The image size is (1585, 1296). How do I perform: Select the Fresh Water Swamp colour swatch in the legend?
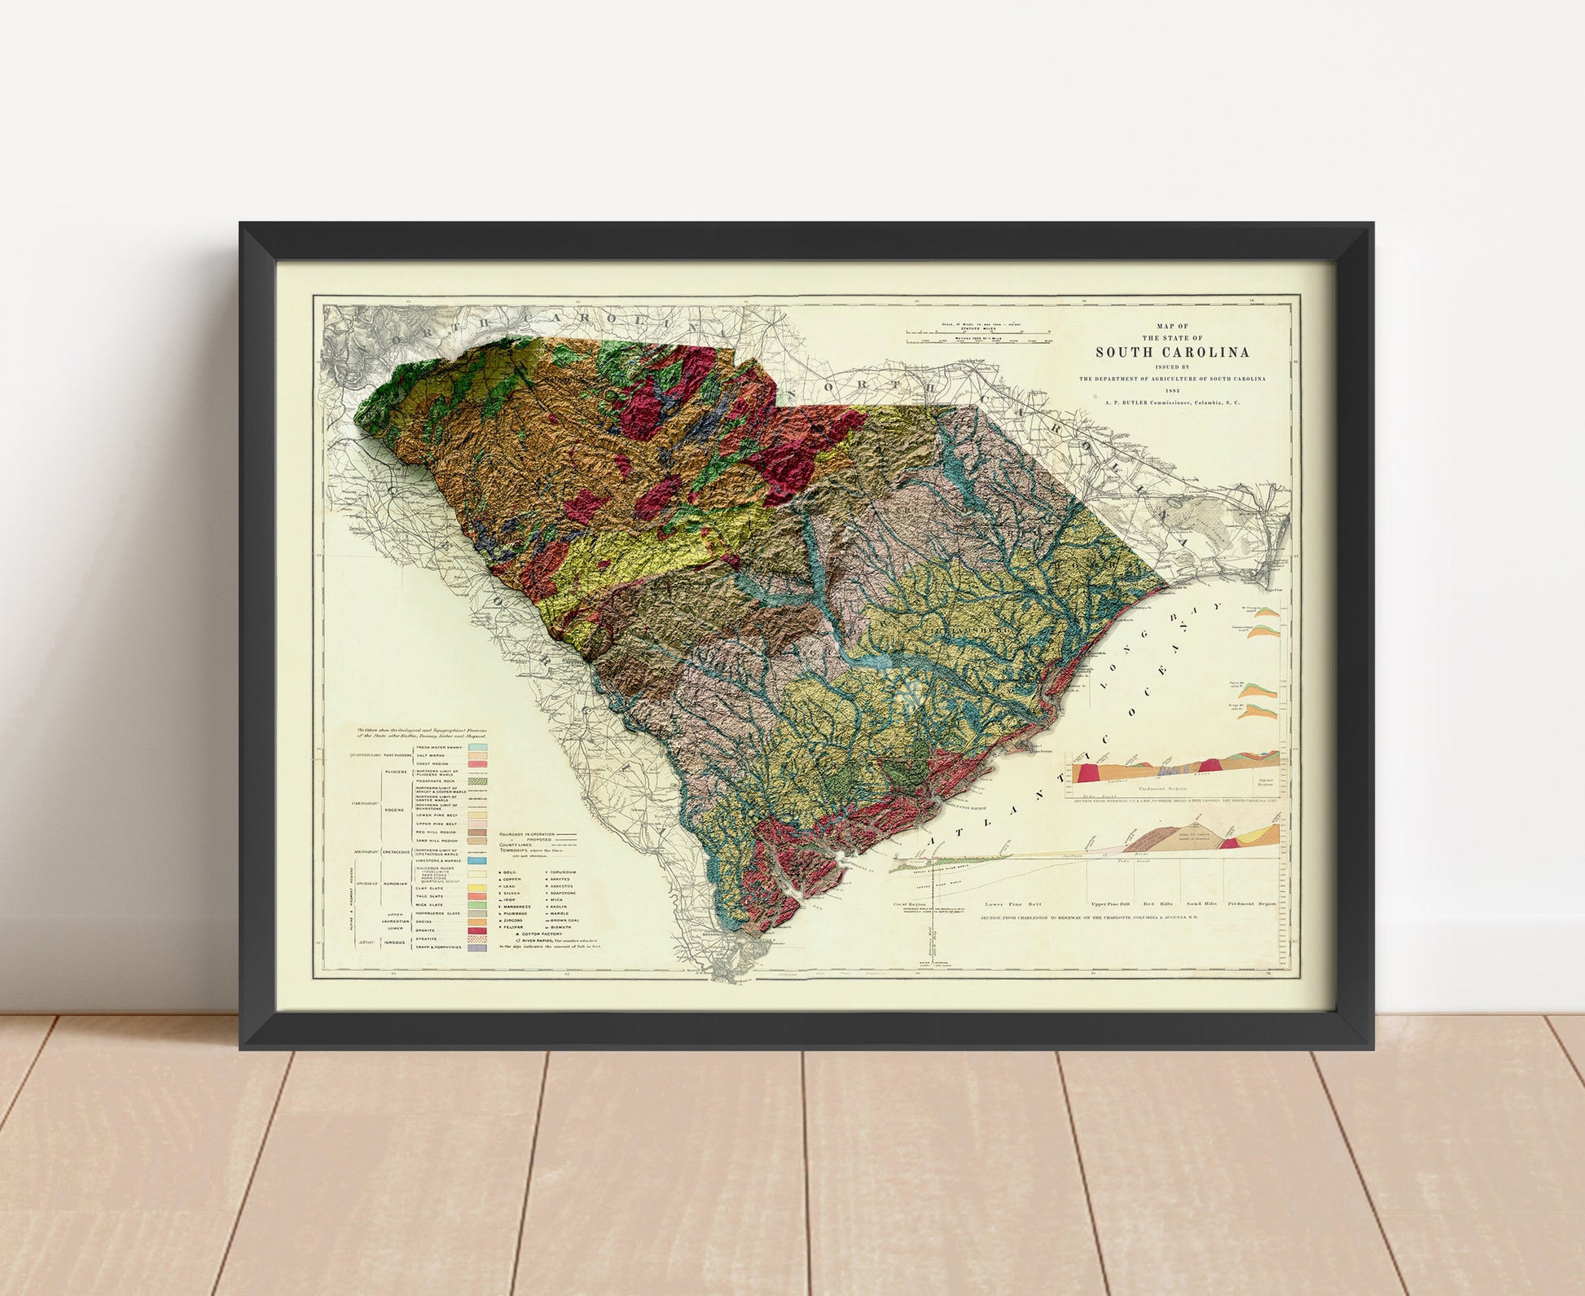(x=477, y=747)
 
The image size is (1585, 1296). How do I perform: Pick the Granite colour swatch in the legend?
(x=477, y=930)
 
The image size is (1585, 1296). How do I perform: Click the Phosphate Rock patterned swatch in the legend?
(x=477, y=780)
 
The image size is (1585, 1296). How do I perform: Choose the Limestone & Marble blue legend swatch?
(x=477, y=861)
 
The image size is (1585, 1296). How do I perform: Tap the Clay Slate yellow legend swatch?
(x=477, y=888)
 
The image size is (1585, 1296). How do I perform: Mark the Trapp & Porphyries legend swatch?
(x=477, y=948)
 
